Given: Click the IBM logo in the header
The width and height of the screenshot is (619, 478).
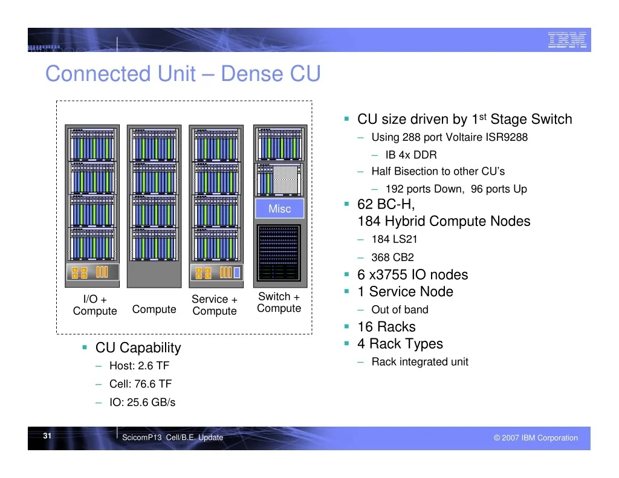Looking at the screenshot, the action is (x=567, y=40).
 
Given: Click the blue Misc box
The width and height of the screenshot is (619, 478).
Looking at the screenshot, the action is (x=279, y=208).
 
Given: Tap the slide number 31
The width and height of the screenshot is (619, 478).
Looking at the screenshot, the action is (x=47, y=435).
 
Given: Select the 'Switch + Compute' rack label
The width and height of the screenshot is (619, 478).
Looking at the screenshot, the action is (x=279, y=302).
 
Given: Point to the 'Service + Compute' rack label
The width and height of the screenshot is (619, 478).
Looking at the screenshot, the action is (x=215, y=305).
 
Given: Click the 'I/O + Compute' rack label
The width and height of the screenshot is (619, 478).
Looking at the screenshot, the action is (x=95, y=305).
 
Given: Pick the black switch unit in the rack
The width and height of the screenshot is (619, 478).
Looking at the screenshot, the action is (x=279, y=253).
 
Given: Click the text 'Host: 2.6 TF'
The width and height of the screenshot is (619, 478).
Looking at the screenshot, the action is (x=140, y=366).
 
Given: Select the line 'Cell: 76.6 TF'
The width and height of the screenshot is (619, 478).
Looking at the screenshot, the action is (x=140, y=384).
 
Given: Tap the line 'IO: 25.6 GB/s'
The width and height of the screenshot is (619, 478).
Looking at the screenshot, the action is (x=143, y=402).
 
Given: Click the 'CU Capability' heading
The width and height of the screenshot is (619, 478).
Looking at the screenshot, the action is (x=138, y=347).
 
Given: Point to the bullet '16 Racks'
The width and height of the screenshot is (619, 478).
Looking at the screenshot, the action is (x=386, y=327).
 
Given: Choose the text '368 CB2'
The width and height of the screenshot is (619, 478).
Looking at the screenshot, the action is (x=392, y=257).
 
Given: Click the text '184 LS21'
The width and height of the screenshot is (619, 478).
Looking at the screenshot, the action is (x=394, y=239).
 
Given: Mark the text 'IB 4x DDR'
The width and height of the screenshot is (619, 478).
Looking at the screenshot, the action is (x=411, y=155).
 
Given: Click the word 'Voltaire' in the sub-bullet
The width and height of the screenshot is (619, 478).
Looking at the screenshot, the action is (x=462, y=137).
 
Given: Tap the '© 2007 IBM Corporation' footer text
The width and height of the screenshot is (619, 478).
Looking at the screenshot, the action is (x=536, y=438).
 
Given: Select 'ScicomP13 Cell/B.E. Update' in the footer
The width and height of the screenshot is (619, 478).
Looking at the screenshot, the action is (x=172, y=438).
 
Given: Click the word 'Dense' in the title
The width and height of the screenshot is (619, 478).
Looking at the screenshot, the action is (x=252, y=73).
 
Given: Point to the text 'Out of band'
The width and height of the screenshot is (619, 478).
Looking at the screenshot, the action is (x=400, y=309).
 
